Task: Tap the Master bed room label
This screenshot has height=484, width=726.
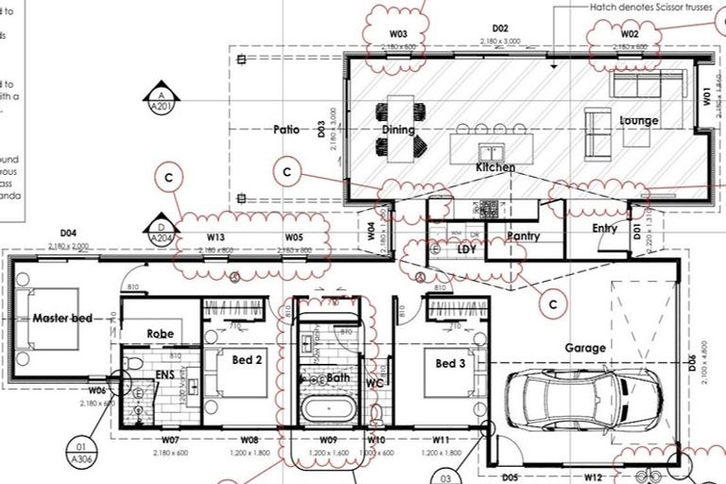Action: [62, 319]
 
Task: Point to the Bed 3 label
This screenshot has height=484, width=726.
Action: [450, 363]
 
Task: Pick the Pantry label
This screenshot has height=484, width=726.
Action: [523, 236]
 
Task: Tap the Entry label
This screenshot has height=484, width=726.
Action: [604, 229]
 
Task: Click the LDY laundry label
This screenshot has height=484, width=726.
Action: [467, 250]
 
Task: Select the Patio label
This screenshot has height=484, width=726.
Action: [285, 130]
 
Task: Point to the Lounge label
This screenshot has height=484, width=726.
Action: [638, 121]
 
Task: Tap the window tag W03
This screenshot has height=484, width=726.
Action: [398, 35]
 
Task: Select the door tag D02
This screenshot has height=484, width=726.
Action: [500, 30]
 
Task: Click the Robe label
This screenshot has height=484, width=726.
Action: [160, 334]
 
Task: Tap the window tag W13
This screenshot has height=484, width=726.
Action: [216, 238]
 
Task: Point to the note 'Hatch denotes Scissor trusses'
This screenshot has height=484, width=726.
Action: [651, 6]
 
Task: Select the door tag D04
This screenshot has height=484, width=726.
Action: [67, 233]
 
